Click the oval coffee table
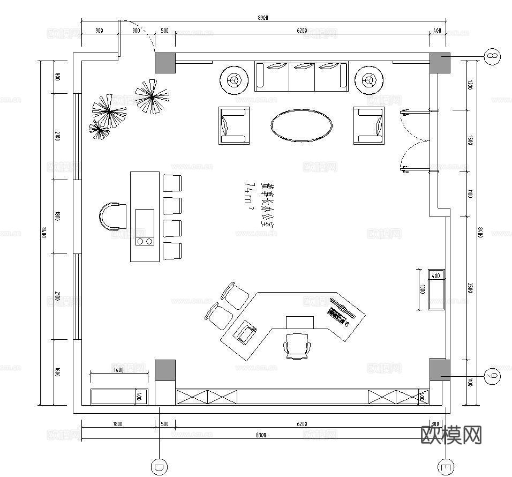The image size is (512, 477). (301, 125)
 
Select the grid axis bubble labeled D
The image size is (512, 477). (159, 467)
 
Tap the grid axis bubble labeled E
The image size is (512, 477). (446, 467)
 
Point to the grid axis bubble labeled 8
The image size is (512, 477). (493, 55)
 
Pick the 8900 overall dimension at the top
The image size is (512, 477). (262, 18)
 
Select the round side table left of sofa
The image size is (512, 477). (234, 80)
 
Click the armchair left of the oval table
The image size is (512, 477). (234, 125)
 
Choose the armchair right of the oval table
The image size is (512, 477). (368, 125)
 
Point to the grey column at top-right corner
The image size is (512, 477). (440, 63)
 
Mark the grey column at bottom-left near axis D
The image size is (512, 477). (165, 370)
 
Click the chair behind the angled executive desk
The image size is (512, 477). (297, 345)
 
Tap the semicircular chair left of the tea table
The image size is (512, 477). (112, 216)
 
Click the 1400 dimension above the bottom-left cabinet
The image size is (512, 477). (118, 370)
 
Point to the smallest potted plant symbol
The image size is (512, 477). (99, 129)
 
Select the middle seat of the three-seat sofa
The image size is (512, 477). (302, 74)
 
